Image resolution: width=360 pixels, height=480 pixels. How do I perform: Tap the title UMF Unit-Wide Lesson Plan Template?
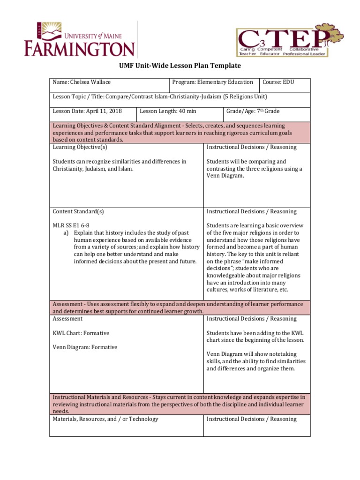[x=180, y=66]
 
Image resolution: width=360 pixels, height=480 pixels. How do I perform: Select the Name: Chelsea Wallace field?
[x=82, y=82]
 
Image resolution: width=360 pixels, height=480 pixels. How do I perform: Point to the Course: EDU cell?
[x=278, y=82]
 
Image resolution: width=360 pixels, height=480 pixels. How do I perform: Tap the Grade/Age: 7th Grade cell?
[x=253, y=111]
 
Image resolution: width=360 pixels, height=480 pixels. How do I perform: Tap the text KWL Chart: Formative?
[x=81, y=333]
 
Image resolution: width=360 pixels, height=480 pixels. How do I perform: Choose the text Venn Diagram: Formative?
[x=85, y=347]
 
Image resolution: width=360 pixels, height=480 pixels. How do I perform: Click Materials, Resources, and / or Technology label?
[x=105, y=419]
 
